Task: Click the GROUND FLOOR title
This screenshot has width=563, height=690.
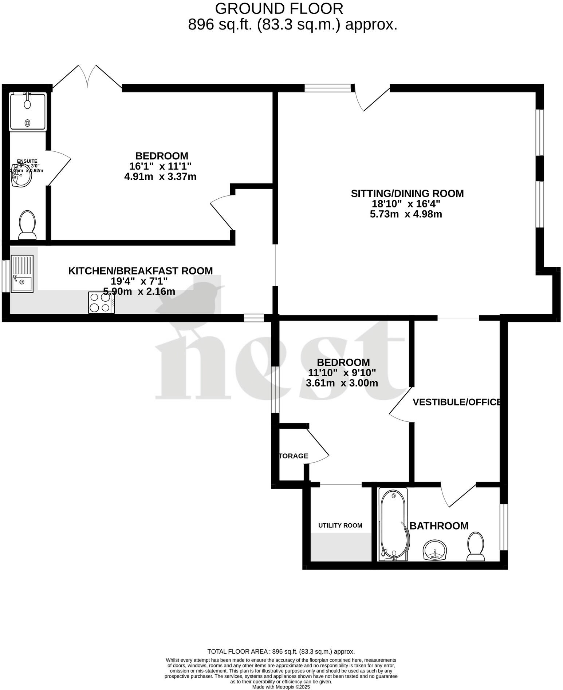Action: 279,8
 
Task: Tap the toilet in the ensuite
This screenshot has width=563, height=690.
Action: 28,225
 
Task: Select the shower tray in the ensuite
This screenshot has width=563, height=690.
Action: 28,111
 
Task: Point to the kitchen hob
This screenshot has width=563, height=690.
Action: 101,302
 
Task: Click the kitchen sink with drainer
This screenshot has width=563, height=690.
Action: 22,274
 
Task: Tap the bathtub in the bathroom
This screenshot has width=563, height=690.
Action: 393,524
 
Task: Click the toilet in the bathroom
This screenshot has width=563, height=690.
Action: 476,546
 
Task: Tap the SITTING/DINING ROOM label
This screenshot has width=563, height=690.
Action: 407,193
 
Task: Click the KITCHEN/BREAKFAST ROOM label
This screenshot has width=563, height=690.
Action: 141,271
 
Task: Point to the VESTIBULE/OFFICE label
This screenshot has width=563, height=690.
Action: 457,402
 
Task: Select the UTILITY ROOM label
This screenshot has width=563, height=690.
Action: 340,525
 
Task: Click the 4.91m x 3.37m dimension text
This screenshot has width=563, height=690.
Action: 161,177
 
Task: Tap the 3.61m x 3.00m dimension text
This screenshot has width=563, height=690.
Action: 342,383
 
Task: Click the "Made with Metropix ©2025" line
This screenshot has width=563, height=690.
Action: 281,687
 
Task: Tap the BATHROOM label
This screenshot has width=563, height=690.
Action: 439,526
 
